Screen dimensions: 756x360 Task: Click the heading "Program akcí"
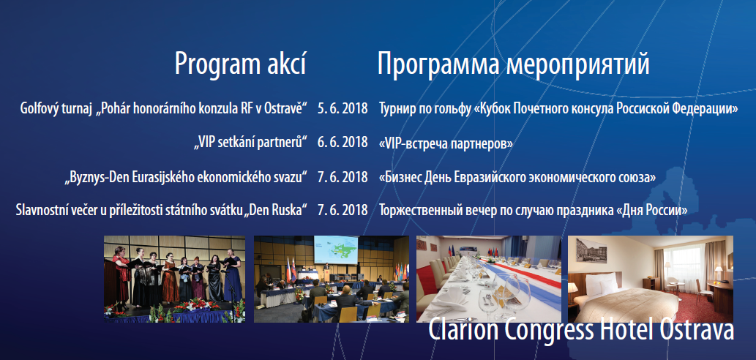(x=240, y=64)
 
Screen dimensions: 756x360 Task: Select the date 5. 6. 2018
(x=343, y=108)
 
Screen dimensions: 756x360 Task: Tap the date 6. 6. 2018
(x=343, y=143)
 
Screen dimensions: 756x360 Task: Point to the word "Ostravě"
(x=286, y=108)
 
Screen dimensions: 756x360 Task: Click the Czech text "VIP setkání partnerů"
(x=251, y=143)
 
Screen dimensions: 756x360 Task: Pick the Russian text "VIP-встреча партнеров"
(x=446, y=143)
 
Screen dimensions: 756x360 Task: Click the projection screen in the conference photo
(x=336, y=250)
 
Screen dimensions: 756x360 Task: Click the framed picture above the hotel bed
(x=591, y=250)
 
